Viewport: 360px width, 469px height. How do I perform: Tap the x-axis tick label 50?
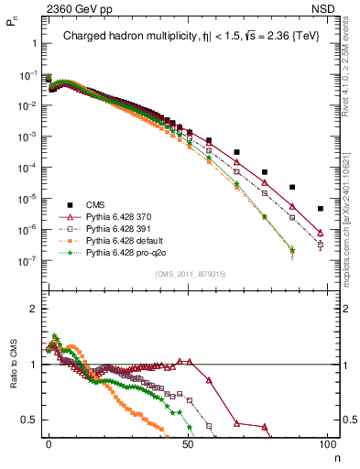[188, 442]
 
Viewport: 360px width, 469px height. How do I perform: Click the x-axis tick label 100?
[327, 442]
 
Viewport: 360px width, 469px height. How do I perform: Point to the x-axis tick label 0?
[49, 442]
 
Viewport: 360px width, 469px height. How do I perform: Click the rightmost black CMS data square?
[320, 208]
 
